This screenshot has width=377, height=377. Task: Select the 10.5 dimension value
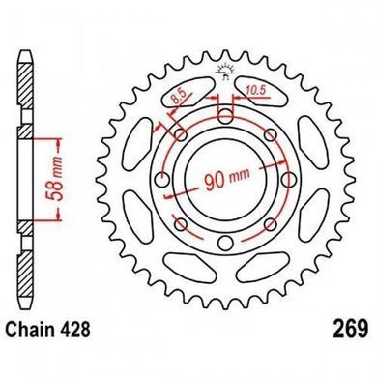point(255,91)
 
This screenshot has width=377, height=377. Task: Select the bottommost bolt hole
point(225,243)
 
